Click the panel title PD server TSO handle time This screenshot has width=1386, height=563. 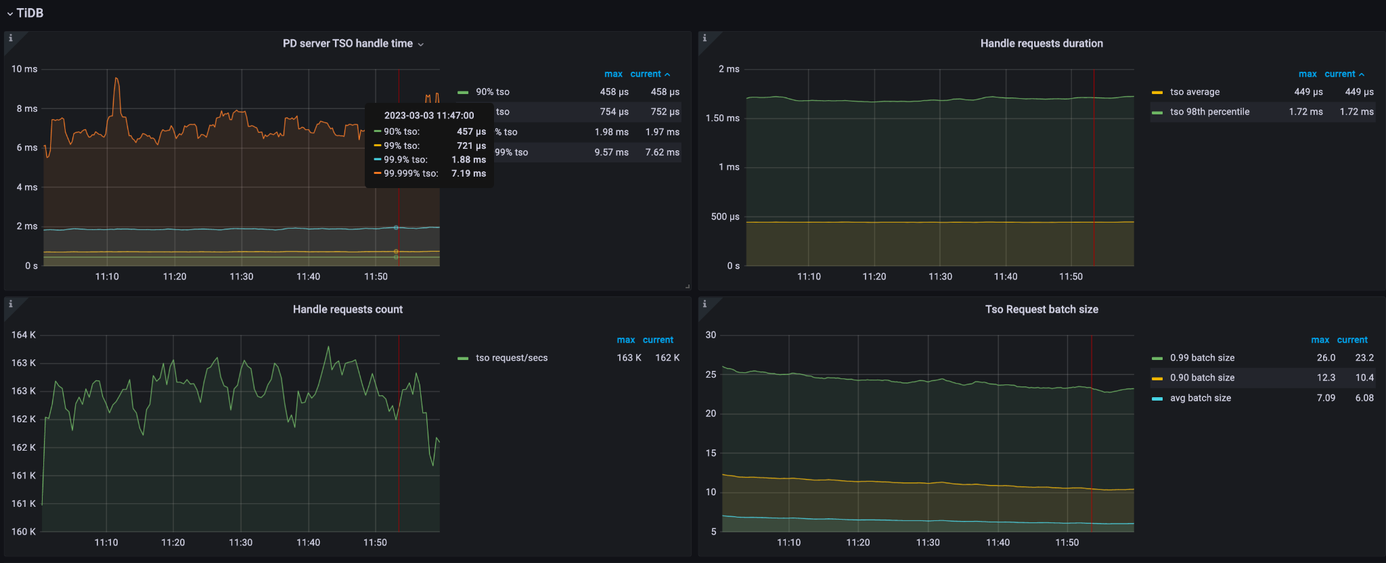(x=348, y=43)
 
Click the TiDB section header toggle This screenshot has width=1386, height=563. (x=25, y=13)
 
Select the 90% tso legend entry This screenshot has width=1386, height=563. (x=492, y=92)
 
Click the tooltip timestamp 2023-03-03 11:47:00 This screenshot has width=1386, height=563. (x=429, y=116)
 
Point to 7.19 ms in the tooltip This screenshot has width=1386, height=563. (x=468, y=174)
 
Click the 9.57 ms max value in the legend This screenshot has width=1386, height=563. (x=611, y=152)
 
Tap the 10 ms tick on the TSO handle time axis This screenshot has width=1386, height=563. (x=24, y=69)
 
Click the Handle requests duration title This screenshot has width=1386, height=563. (x=1041, y=43)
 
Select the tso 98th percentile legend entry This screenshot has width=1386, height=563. (x=1209, y=112)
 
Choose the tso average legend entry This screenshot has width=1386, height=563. (x=1194, y=92)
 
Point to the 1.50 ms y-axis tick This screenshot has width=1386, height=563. (x=722, y=118)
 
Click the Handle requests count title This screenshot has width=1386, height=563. (x=347, y=309)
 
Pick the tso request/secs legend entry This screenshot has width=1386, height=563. (x=511, y=358)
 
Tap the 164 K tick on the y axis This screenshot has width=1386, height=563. (x=24, y=335)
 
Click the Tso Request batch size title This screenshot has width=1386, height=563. (x=1041, y=309)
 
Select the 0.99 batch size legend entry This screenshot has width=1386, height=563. (x=1202, y=358)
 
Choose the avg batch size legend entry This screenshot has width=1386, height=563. (x=1200, y=398)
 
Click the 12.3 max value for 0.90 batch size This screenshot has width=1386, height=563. (x=1325, y=378)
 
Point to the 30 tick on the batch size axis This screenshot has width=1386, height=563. (x=711, y=335)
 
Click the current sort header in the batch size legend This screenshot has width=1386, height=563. (x=1351, y=340)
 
